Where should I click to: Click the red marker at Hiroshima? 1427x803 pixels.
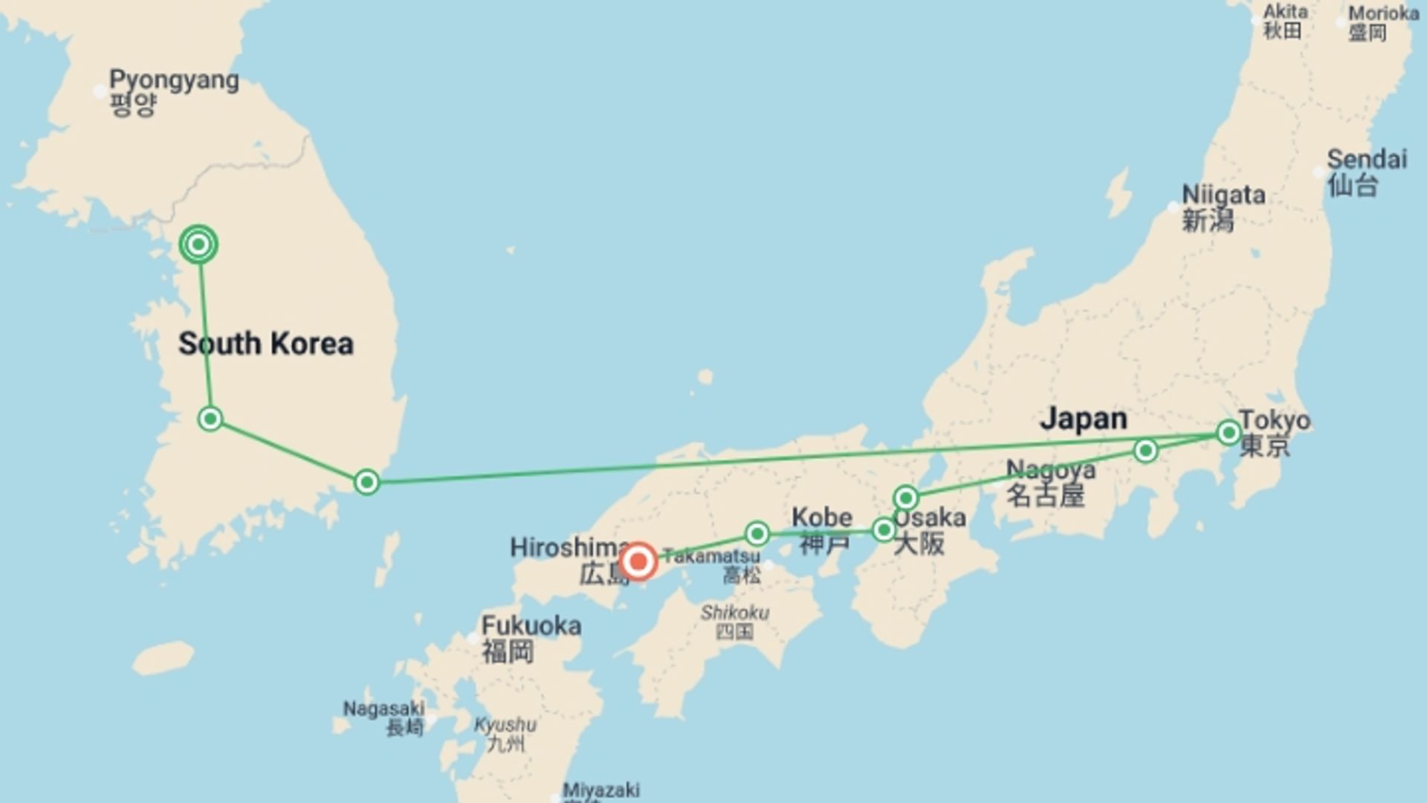pyautogui.click(x=638, y=561)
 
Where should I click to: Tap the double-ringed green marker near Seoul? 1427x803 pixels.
pyautogui.click(x=198, y=244)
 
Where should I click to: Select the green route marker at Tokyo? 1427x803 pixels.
pyautogui.click(x=1228, y=432)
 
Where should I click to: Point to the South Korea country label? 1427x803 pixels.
pyautogui.click(x=265, y=344)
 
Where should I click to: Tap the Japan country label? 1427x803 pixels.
pyautogui.click(x=1083, y=419)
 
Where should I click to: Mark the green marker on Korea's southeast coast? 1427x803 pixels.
pyautogui.click(x=366, y=482)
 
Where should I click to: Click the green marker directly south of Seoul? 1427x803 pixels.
pyautogui.click(x=210, y=419)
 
